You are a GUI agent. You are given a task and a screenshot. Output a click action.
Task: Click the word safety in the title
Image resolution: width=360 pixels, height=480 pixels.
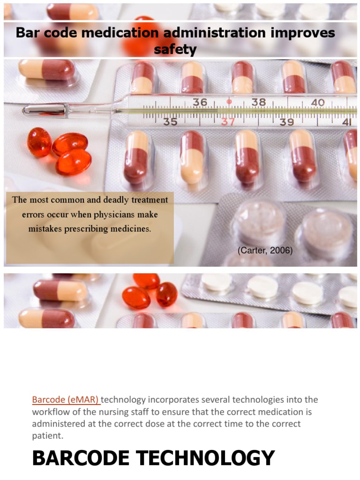[x=175, y=49]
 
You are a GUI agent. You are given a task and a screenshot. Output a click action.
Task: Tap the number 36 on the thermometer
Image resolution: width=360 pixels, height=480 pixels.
[x=200, y=102]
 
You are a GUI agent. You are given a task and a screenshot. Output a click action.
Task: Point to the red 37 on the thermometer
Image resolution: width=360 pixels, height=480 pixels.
[x=228, y=122]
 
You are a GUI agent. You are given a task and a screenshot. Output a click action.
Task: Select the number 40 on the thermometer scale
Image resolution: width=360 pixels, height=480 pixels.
[x=317, y=102]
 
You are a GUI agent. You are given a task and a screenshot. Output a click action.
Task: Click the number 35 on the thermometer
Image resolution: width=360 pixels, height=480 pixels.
[x=170, y=122]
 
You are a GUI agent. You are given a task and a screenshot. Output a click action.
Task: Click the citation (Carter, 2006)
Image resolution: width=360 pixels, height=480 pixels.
[x=265, y=251]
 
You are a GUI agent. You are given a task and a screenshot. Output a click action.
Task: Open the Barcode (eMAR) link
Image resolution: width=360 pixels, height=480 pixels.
[x=66, y=400]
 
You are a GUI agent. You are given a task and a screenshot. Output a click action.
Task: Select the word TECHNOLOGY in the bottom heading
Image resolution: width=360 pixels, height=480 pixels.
[x=207, y=458]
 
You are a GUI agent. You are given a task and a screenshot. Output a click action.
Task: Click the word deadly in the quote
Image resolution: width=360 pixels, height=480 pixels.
[x=109, y=200]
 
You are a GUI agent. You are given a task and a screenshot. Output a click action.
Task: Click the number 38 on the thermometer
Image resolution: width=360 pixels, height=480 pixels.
[x=258, y=102]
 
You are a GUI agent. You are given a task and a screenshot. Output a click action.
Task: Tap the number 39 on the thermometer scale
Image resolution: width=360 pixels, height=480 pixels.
[x=286, y=122]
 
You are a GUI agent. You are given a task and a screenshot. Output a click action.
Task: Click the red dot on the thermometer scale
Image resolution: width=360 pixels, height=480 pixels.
[x=229, y=101]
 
